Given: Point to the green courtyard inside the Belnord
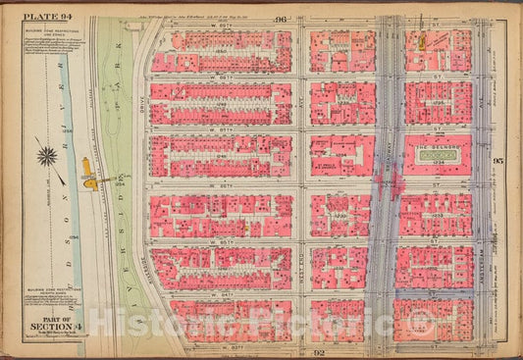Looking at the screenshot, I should click(435, 156).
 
